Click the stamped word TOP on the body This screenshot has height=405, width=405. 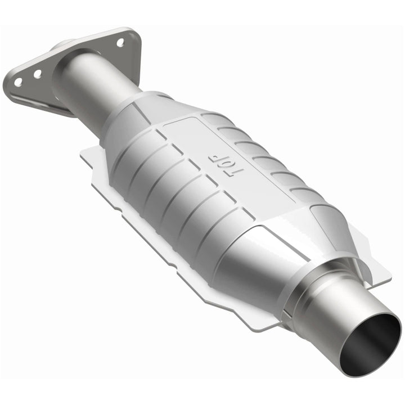tap(220, 163)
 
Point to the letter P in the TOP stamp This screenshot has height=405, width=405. tap(214, 156)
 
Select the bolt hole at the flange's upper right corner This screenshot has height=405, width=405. tap(120, 42)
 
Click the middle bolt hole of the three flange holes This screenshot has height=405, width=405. tap(37, 74)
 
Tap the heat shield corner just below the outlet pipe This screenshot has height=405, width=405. tap(264, 323)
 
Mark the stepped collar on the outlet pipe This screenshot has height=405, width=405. tap(315, 292)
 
